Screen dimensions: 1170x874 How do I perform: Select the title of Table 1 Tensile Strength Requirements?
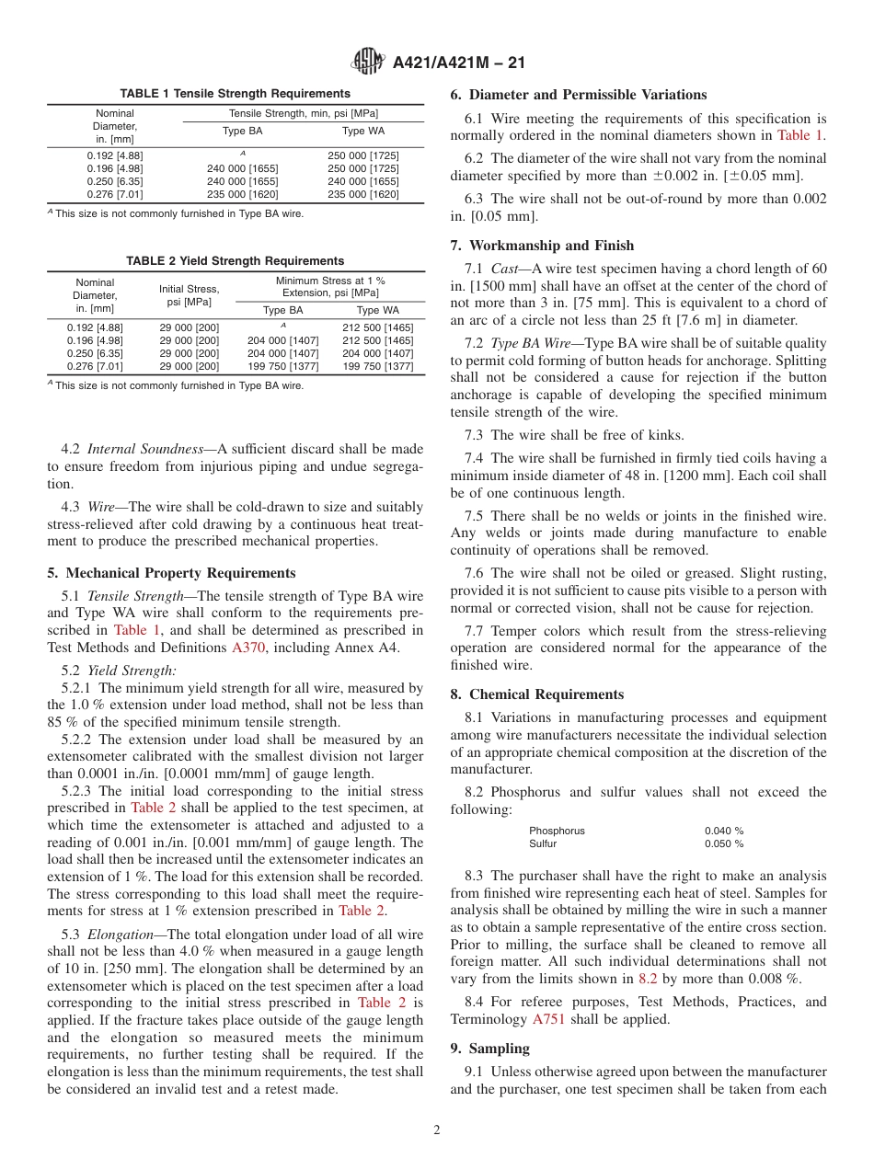235,94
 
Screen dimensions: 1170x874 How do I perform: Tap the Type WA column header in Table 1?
362,132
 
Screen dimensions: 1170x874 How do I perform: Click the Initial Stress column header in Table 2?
189,295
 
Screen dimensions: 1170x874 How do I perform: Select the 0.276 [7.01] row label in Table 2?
95,366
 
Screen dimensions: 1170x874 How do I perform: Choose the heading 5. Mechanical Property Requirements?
171,572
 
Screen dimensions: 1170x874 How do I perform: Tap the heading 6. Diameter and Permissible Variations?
578,95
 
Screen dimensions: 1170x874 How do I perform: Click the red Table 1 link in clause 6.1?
801,134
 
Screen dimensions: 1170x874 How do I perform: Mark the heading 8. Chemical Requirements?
536,694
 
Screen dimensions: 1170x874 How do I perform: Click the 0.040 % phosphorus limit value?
724,831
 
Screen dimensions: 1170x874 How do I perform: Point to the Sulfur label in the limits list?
543,843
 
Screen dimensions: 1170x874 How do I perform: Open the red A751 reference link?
549,1019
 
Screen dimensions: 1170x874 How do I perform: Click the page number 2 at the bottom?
437,1130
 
